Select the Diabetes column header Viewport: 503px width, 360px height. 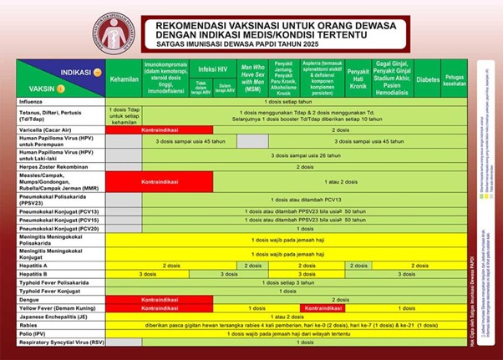(x=427, y=80)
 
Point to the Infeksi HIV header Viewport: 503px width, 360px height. (x=213, y=68)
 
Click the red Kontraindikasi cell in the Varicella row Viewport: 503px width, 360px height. (x=159, y=129)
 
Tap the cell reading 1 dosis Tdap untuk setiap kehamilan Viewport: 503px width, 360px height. (x=123, y=115)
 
